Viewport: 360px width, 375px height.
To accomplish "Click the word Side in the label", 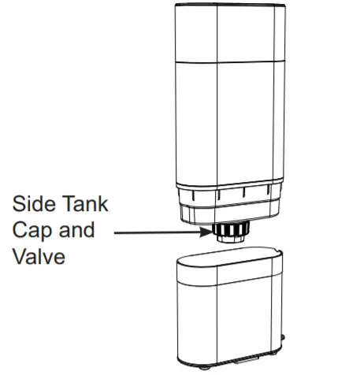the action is (x=34, y=203).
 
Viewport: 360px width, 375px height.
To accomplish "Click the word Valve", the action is (x=39, y=256).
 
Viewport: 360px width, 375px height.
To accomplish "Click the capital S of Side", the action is (x=18, y=203).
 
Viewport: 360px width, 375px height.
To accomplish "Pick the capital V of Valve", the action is (x=20, y=256).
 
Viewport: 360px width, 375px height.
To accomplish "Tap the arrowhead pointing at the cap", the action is (x=206, y=232).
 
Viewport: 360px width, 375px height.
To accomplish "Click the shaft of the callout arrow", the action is (x=157, y=232).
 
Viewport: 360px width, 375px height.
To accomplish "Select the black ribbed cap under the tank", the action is (x=231, y=228).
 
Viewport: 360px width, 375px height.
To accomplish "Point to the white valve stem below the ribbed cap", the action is (x=231, y=239).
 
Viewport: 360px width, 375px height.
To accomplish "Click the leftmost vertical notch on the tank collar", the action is (x=193, y=195).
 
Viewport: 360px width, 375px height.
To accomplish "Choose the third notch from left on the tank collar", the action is (x=243, y=192).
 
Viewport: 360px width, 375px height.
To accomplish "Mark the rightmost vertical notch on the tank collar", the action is (x=268, y=190).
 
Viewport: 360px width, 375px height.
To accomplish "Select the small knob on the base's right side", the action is (x=283, y=337).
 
